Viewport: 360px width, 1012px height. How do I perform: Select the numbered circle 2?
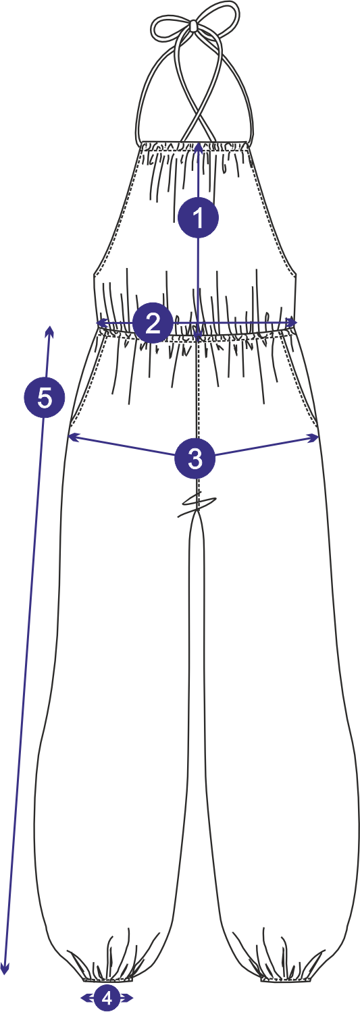click(x=153, y=323)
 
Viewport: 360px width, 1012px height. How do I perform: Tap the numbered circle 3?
click(x=195, y=458)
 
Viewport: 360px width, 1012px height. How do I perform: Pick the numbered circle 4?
click(x=107, y=997)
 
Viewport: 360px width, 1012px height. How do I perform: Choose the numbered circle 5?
click(x=45, y=397)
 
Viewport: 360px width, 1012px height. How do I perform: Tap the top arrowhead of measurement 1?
click(x=199, y=147)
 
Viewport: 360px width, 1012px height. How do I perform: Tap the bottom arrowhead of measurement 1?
click(x=198, y=335)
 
